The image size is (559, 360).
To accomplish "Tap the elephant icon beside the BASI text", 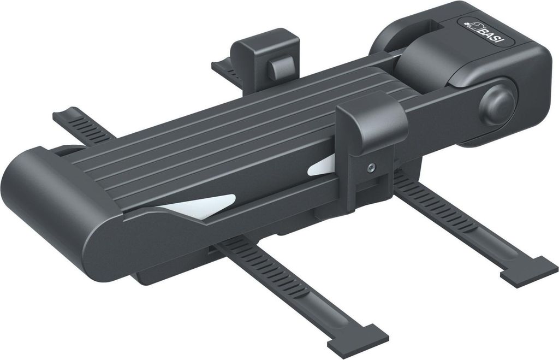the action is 474,26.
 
